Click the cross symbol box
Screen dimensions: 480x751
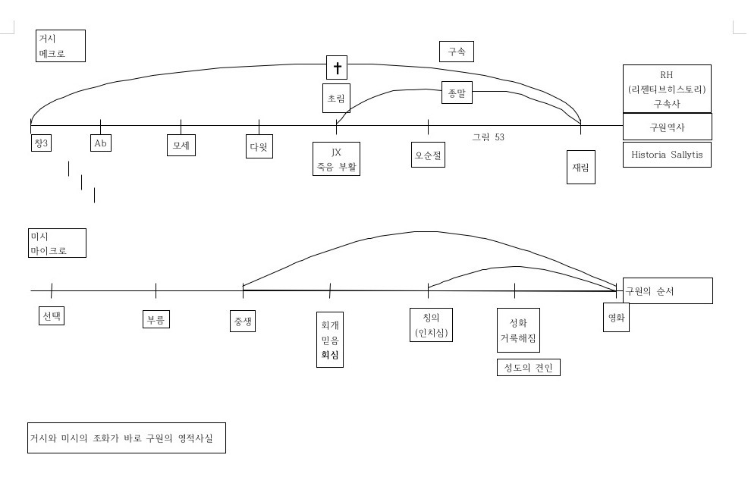click(x=338, y=67)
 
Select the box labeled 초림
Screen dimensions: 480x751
click(x=336, y=99)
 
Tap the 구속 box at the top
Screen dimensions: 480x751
click(x=457, y=52)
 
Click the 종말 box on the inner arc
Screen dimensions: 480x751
click(x=457, y=93)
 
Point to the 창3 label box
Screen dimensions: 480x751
click(x=41, y=143)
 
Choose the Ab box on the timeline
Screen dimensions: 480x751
click(x=100, y=143)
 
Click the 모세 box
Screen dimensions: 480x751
click(x=181, y=145)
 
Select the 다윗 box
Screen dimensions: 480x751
click(x=259, y=146)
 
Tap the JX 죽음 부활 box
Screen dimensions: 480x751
click(x=336, y=158)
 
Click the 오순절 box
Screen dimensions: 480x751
click(x=428, y=155)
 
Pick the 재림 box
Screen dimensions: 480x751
click(x=580, y=167)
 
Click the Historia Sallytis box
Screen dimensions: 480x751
click(x=667, y=155)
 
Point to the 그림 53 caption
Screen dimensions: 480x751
click(x=489, y=137)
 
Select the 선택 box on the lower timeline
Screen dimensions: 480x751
click(x=52, y=315)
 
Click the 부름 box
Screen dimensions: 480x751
click(x=156, y=318)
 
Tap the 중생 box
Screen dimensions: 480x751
click(x=243, y=320)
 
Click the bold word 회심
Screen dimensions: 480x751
click(x=330, y=354)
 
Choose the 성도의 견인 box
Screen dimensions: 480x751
click(x=528, y=368)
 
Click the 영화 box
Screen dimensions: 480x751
click(x=615, y=318)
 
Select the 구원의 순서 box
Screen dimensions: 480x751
click(x=668, y=290)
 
